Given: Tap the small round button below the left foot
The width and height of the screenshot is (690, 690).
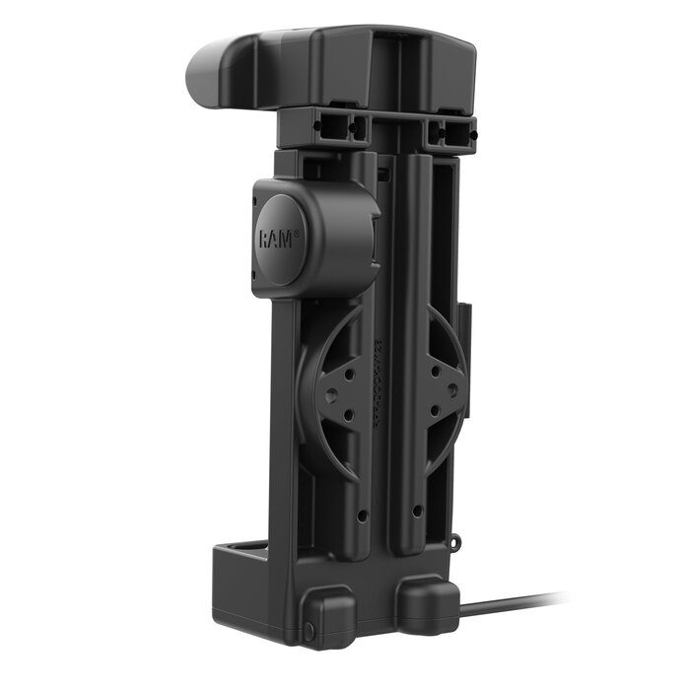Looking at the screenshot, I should tap(308, 628).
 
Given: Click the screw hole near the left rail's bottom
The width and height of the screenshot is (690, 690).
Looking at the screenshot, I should tap(362, 515).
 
